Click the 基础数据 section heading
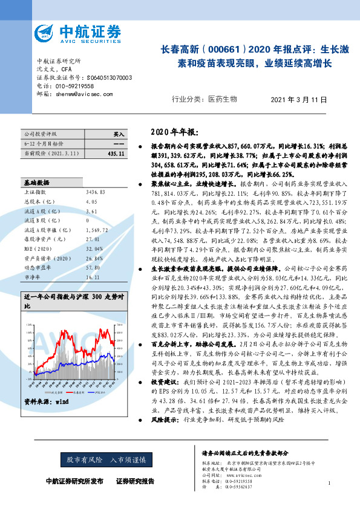click(37, 182)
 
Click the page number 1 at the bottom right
click(328, 483)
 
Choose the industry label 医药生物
click(223, 99)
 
